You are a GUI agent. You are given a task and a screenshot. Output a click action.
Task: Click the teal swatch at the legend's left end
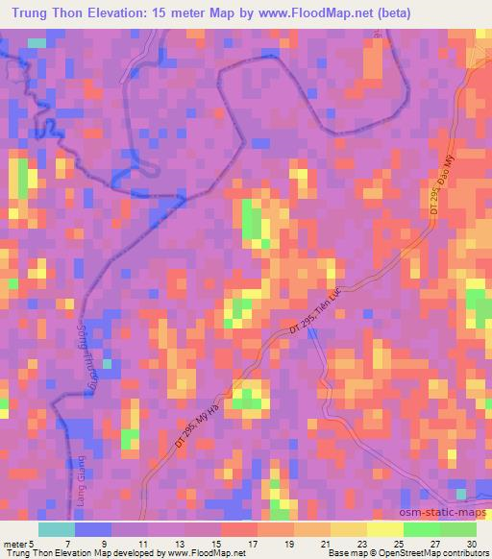(x=56, y=529)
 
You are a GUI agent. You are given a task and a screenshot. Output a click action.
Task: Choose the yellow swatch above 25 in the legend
(x=385, y=529)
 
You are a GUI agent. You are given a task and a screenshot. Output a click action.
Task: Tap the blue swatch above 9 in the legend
(x=92, y=529)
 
